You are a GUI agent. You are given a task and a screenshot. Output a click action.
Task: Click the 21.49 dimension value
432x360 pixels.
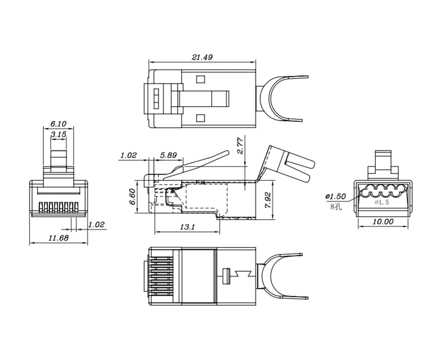point(202,57)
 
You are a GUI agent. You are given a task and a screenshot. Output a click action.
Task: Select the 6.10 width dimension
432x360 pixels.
point(58,123)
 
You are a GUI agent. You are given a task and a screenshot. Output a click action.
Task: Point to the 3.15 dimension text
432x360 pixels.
point(58,134)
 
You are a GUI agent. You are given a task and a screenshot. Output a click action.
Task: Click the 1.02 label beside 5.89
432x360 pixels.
point(129,155)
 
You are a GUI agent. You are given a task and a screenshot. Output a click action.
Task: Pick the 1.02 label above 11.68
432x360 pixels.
point(96,224)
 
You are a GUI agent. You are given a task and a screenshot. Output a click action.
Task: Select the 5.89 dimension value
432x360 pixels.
point(168,155)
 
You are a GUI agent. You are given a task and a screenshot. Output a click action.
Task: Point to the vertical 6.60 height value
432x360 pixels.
point(132,197)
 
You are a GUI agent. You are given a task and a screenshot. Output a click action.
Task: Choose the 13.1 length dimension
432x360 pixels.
point(187,227)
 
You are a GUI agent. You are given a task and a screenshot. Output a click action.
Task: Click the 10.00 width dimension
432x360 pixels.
point(383,222)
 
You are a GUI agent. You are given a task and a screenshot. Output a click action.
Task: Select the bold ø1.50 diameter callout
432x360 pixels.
point(335,196)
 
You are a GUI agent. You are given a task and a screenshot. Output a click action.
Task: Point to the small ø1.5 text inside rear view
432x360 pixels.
point(382,202)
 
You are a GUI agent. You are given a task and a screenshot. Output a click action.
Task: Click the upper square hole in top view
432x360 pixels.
point(200,79)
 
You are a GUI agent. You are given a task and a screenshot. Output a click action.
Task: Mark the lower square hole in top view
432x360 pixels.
point(200,117)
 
